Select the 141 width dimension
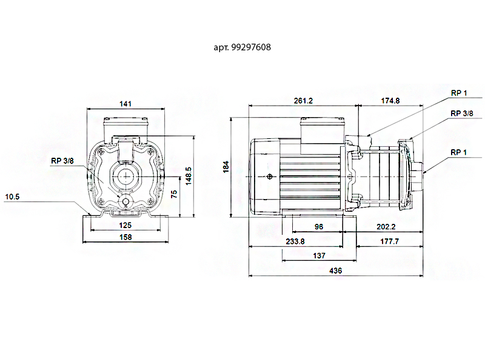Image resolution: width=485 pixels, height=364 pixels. (125, 104)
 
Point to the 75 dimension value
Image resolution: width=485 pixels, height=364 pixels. (174, 194)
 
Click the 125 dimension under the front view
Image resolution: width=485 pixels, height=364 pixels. (125, 225)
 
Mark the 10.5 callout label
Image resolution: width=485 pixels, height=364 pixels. (13, 197)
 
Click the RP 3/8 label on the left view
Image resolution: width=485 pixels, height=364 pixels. (62, 161)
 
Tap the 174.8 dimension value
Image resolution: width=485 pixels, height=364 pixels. (389, 101)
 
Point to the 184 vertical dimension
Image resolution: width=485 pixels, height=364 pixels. (226, 166)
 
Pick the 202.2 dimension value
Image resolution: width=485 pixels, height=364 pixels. (386, 226)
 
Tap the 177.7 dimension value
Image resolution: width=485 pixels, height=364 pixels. (389, 241)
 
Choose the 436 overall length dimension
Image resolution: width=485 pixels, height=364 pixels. (335, 271)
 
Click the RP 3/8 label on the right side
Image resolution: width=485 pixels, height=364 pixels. (463, 113)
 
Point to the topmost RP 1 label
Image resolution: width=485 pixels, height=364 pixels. (459, 93)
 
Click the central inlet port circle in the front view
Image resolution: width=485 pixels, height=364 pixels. (127, 177)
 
